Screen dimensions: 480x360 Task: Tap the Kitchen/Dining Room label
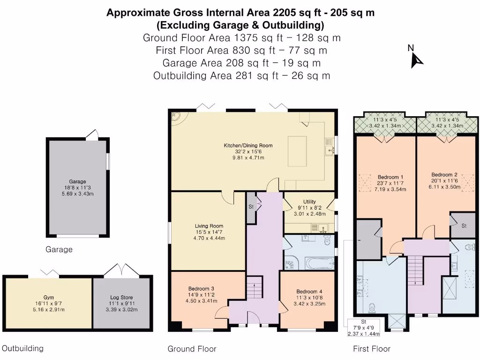[248, 145]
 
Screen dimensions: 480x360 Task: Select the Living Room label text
[209, 226]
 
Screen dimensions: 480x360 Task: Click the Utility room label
[309, 202]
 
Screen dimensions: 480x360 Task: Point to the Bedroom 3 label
[201, 289]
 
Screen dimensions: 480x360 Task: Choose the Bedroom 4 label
[309, 292]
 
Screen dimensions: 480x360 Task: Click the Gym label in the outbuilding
[49, 298]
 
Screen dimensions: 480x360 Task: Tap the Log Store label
[121, 298]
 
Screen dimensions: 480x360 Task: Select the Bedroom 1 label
[390, 177]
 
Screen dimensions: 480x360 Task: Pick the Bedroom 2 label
[444, 175]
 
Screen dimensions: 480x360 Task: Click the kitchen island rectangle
[297, 151]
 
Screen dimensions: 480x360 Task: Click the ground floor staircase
[255, 287]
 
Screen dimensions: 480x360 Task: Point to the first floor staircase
[415, 271]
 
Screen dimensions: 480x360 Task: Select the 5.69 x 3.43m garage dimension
[77, 194]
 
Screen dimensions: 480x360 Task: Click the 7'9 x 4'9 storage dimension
[364, 328]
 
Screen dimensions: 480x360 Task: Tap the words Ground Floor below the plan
[192, 349]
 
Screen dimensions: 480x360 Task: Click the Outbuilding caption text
[22, 348]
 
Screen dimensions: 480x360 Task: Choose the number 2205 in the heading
[285, 13]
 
